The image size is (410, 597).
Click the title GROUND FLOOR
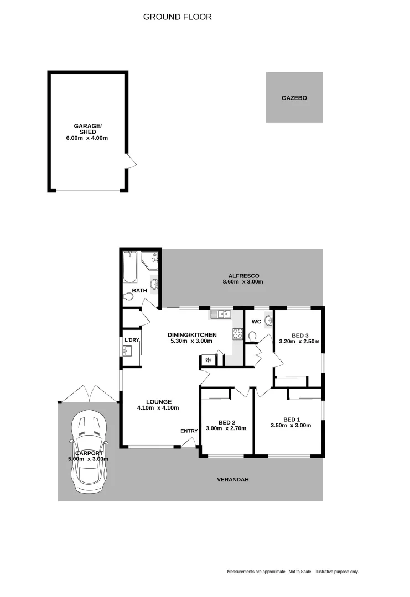[177, 17]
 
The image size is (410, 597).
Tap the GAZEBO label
[294, 98]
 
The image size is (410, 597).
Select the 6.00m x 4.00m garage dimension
[87, 138]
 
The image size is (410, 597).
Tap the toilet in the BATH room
[128, 296]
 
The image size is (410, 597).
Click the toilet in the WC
[253, 337]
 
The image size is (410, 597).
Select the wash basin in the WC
[269, 321]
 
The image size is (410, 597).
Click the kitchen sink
[220, 315]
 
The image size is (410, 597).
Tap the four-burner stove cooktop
[238, 334]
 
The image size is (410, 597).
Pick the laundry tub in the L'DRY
[127, 351]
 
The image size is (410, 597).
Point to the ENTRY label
[189, 431]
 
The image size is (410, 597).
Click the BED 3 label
[299, 336]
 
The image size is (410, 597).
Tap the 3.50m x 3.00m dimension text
[290, 426]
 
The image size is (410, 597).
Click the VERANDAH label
[232, 480]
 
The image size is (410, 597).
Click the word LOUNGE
[159, 402]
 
